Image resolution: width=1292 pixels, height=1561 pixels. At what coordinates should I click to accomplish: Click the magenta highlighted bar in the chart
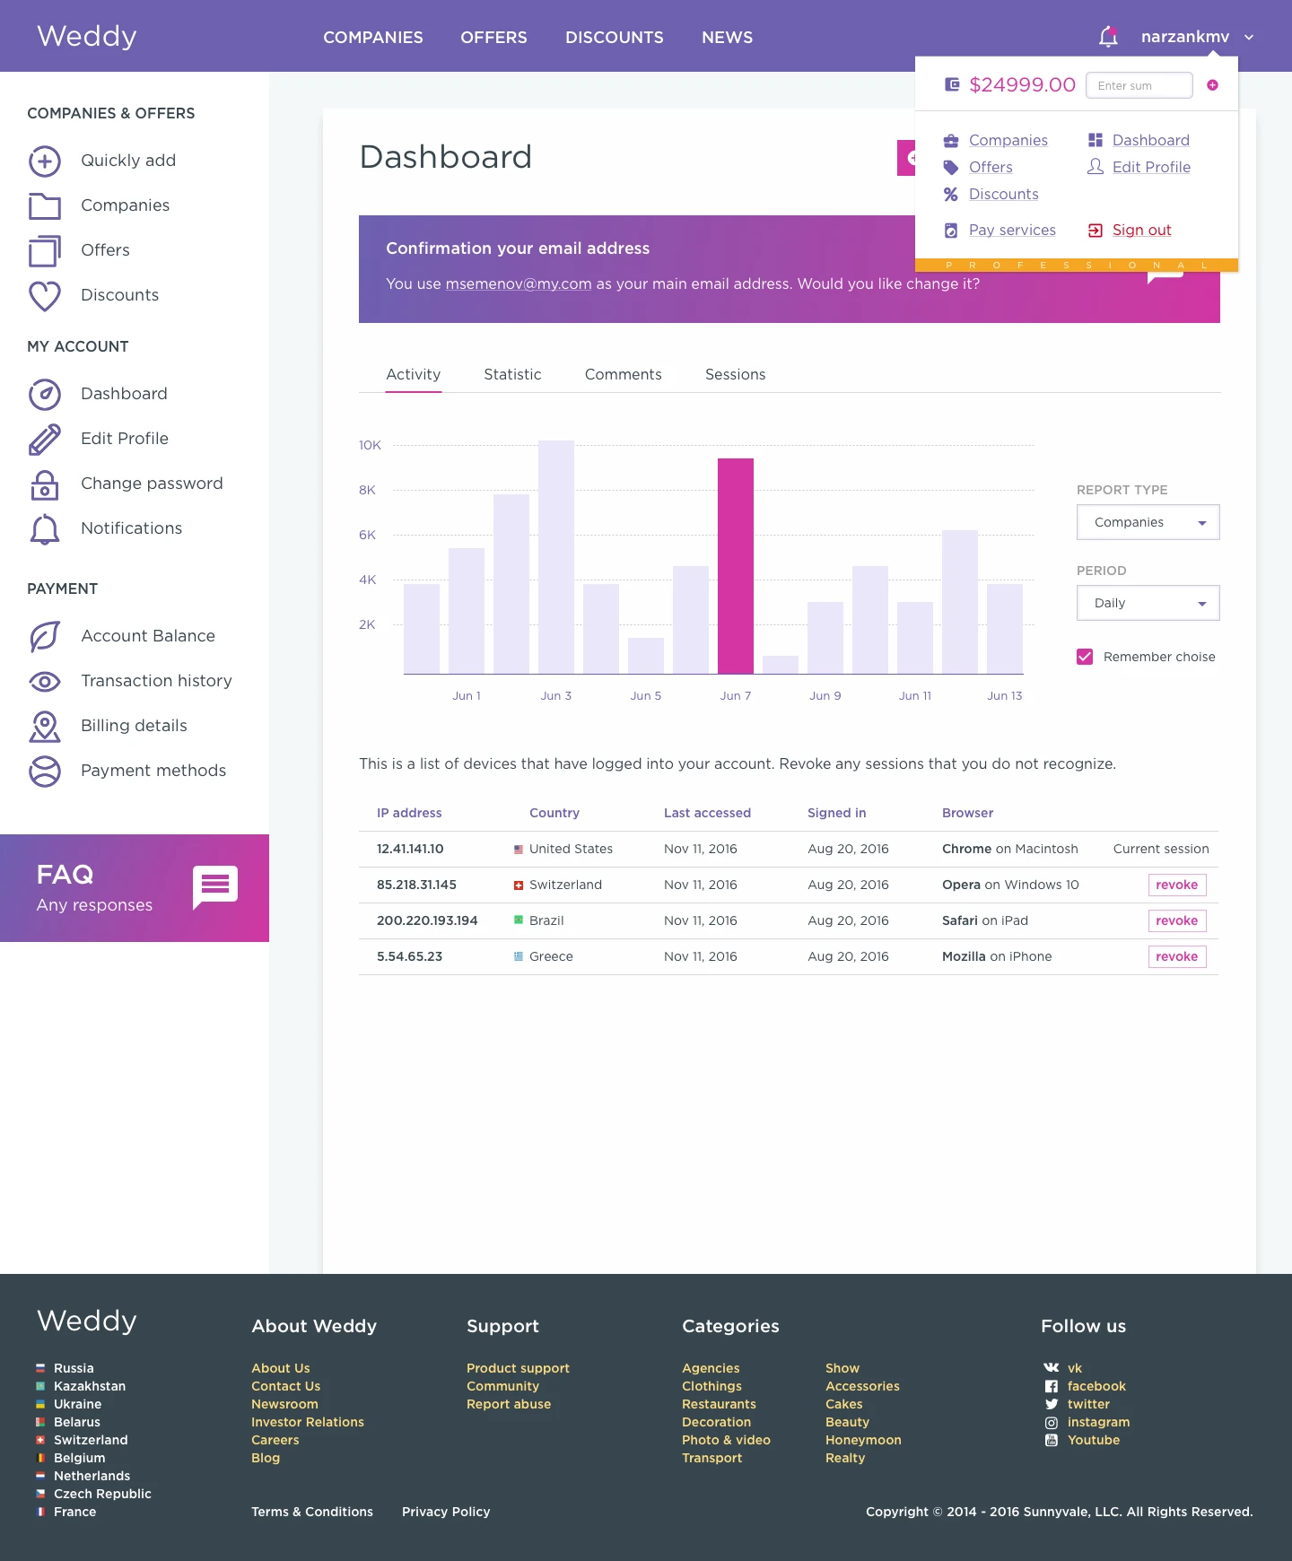click(736, 565)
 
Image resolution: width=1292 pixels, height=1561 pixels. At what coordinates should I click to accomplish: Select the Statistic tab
click(512, 375)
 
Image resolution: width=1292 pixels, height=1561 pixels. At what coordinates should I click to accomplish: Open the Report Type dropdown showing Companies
click(1148, 522)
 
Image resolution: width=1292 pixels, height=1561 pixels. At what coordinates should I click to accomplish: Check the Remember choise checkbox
click(1085, 657)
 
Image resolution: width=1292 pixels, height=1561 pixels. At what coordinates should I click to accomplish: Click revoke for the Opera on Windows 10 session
click(1176, 885)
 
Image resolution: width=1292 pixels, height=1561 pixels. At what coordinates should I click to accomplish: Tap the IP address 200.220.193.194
click(427, 920)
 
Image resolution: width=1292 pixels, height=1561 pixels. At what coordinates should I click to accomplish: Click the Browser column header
click(967, 813)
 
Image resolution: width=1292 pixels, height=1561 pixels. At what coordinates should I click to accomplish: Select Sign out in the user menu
click(1141, 231)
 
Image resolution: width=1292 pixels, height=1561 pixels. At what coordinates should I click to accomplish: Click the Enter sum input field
click(1139, 86)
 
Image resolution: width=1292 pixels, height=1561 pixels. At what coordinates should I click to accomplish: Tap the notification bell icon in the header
click(1108, 37)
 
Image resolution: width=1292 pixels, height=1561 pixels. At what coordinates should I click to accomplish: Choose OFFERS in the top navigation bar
click(493, 38)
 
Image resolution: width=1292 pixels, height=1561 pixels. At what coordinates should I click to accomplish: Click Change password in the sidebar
click(152, 484)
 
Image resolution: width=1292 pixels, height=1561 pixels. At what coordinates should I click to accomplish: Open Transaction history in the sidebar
click(156, 681)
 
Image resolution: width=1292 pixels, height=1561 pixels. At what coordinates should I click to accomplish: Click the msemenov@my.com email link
click(519, 284)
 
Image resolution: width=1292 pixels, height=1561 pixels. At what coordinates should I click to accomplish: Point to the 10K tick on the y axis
click(370, 445)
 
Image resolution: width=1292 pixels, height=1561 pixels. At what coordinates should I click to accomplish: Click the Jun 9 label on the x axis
click(825, 696)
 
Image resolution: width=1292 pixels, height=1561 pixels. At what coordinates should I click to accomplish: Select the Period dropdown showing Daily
click(1148, 603)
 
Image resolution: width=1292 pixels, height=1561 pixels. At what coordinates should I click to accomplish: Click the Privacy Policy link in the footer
click(446, 1512)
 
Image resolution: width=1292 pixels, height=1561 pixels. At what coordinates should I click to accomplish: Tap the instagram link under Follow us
click(1098, 1422)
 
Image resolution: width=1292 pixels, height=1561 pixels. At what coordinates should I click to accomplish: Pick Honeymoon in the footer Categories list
click(863, 1440)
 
